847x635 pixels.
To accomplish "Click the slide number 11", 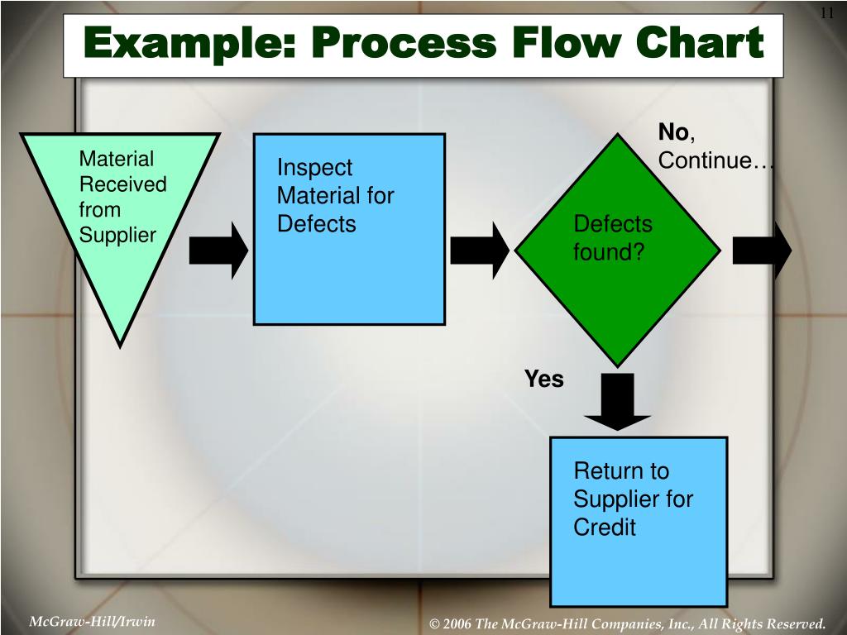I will pos(825,12).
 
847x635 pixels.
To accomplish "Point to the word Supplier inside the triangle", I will pos(117,235).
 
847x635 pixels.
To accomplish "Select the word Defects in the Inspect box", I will pos(316,224).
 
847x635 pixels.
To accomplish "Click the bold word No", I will pos(673,132).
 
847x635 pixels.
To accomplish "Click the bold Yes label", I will pos(543,380).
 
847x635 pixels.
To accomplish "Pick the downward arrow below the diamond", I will pos(615,401).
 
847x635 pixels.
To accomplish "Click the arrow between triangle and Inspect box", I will pos(218,249).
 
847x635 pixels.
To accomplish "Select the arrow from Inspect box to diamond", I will pos(480,249).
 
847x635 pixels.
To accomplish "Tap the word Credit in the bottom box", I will pos(605,528).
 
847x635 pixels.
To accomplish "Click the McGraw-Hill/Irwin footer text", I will pos(93,621).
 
